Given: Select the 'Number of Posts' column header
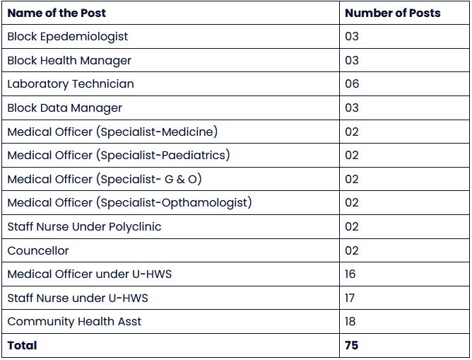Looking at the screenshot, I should [392, 13].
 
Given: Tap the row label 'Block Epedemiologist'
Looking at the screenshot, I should [68, 36].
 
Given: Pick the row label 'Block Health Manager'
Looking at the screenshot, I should [69, 60].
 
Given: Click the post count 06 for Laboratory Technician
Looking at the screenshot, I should [352, 83].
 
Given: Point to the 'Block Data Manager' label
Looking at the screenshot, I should [65, 108].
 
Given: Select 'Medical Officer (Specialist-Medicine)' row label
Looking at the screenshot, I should [112, 132].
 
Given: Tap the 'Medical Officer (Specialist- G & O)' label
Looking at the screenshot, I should [105, 179].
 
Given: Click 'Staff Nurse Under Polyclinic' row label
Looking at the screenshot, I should [84, 226].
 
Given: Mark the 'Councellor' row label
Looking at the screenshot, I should [38, 250].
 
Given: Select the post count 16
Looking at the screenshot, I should [350, 274].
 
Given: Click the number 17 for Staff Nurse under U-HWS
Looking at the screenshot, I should [350, 298].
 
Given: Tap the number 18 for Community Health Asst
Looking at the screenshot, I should [351, 321].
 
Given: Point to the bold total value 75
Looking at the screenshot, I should [351, 345].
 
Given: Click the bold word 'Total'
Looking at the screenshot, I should [22, 345].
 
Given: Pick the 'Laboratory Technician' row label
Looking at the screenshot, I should [71, 83].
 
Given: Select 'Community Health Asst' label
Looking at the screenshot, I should [74, 321].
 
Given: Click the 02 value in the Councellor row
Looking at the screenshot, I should [352, 250].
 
